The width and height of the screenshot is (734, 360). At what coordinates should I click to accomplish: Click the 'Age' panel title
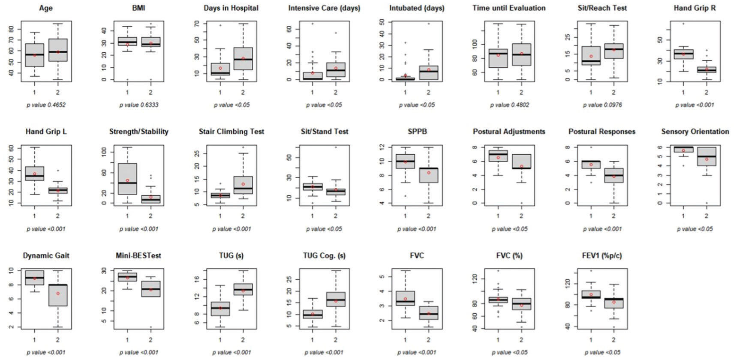[x=45, y=8]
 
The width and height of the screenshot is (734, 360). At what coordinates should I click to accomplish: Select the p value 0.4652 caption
[x=46, y=105]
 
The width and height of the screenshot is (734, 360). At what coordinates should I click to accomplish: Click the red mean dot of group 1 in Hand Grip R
[x=683, y=54]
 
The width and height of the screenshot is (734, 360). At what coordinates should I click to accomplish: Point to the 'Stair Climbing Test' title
[x=232, y=132]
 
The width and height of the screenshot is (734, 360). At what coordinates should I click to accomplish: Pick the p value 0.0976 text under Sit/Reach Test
[x=602, y=105]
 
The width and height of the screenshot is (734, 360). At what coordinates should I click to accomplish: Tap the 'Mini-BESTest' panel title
[x=138, y=255]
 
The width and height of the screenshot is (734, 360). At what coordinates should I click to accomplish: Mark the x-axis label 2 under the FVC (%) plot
[x=521, y=339]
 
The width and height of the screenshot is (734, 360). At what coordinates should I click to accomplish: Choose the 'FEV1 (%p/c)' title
[x=602, y=255]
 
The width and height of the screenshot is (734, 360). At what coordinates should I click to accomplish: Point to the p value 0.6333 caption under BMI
[x=138, y=105]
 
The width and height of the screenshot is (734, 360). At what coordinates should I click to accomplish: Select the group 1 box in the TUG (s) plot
[x=220, y=309]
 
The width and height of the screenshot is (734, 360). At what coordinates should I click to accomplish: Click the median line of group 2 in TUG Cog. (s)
[x=336, y=300]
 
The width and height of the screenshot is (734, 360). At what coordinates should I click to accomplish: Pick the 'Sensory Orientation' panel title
[x=695, y=132]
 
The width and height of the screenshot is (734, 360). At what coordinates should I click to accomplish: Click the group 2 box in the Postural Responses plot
[x=614, y=175]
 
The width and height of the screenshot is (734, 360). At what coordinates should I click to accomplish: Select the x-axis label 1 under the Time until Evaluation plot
[x=498, y=92]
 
